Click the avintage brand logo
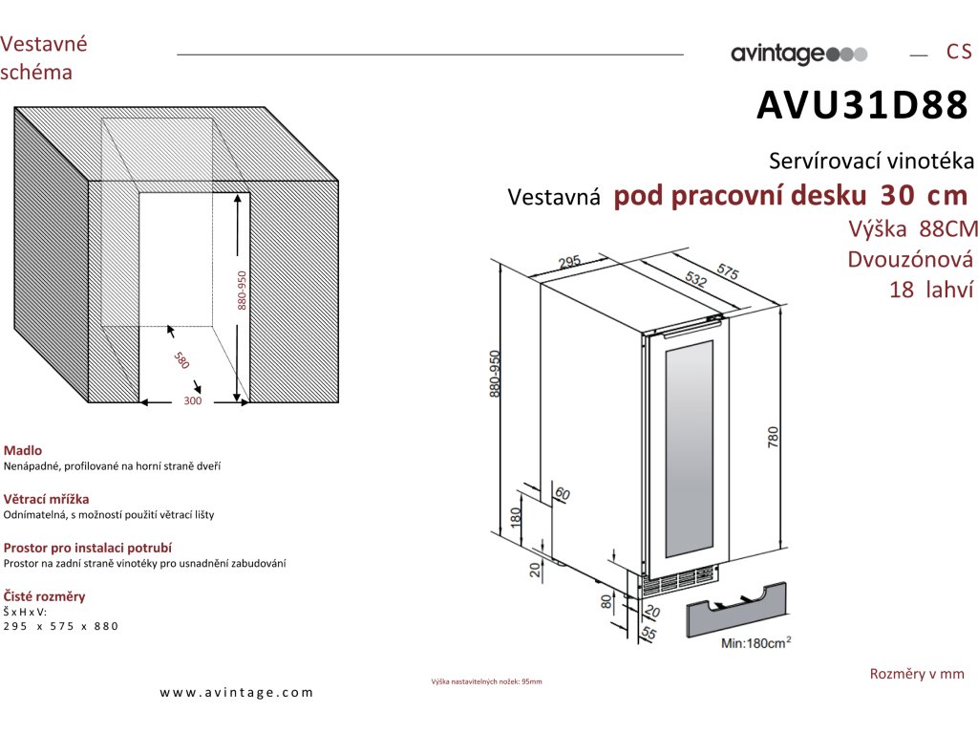[798, 54]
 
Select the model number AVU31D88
[862, 107]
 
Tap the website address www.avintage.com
[237, 693]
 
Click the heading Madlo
[23, 450]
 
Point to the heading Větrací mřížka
[47, 499]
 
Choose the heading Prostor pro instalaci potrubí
[88, 548]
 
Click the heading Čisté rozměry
[45, 596]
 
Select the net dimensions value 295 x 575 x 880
[61, 626]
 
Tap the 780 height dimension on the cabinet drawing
[774, 436]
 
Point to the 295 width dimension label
[569, 262]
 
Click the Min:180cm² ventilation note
[754, 644]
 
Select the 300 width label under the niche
[193, 402]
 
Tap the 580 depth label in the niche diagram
[181, 360]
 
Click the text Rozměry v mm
[917, 674]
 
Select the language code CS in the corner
[959, 53]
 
